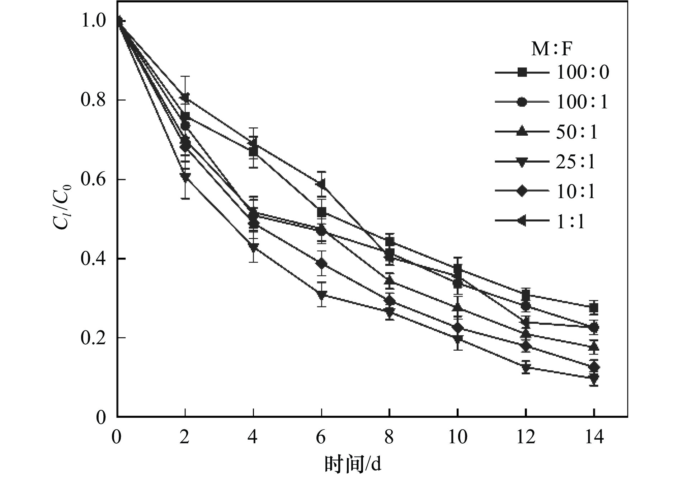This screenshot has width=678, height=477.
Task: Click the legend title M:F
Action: [551, 48]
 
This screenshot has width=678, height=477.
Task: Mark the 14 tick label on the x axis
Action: [594, 437]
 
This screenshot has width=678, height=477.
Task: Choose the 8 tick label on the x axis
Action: [390, 437]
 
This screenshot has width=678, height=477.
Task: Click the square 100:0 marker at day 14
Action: [594, 308]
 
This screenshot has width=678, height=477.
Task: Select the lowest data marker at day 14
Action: [594, 378]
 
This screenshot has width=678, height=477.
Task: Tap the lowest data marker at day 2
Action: [185, 177]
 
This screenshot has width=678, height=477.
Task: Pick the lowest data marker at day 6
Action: [321, 295]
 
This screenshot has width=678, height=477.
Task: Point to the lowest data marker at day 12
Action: [526, 368]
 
